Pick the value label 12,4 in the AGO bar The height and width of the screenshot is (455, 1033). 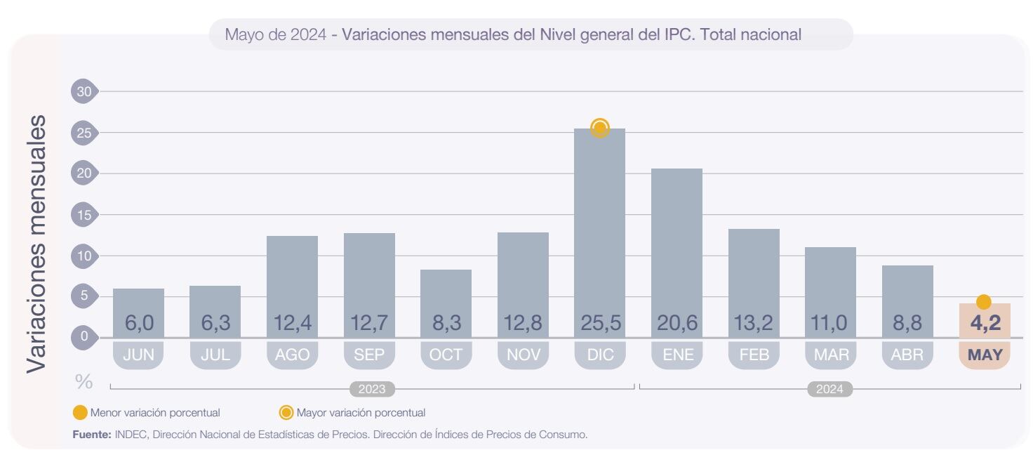point(292,324)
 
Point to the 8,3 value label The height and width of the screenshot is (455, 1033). point(446,324)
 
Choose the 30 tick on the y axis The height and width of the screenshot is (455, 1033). point(84,91)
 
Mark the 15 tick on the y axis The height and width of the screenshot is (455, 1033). point(84,215)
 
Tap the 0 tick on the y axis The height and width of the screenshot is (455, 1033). point(84,336)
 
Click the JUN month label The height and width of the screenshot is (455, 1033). point(138,355)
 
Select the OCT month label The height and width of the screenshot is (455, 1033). point(446,355)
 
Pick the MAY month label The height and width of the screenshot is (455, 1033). point(984,355)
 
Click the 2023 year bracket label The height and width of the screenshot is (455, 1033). point(372,389)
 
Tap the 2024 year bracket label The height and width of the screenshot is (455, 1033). point(829,389)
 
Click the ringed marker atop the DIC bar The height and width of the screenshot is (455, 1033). point(599,128)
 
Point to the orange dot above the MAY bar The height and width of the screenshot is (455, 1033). point(984,302)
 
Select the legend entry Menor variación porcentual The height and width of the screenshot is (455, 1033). point(154,413)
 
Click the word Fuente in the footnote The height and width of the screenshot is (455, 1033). point(92,435)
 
